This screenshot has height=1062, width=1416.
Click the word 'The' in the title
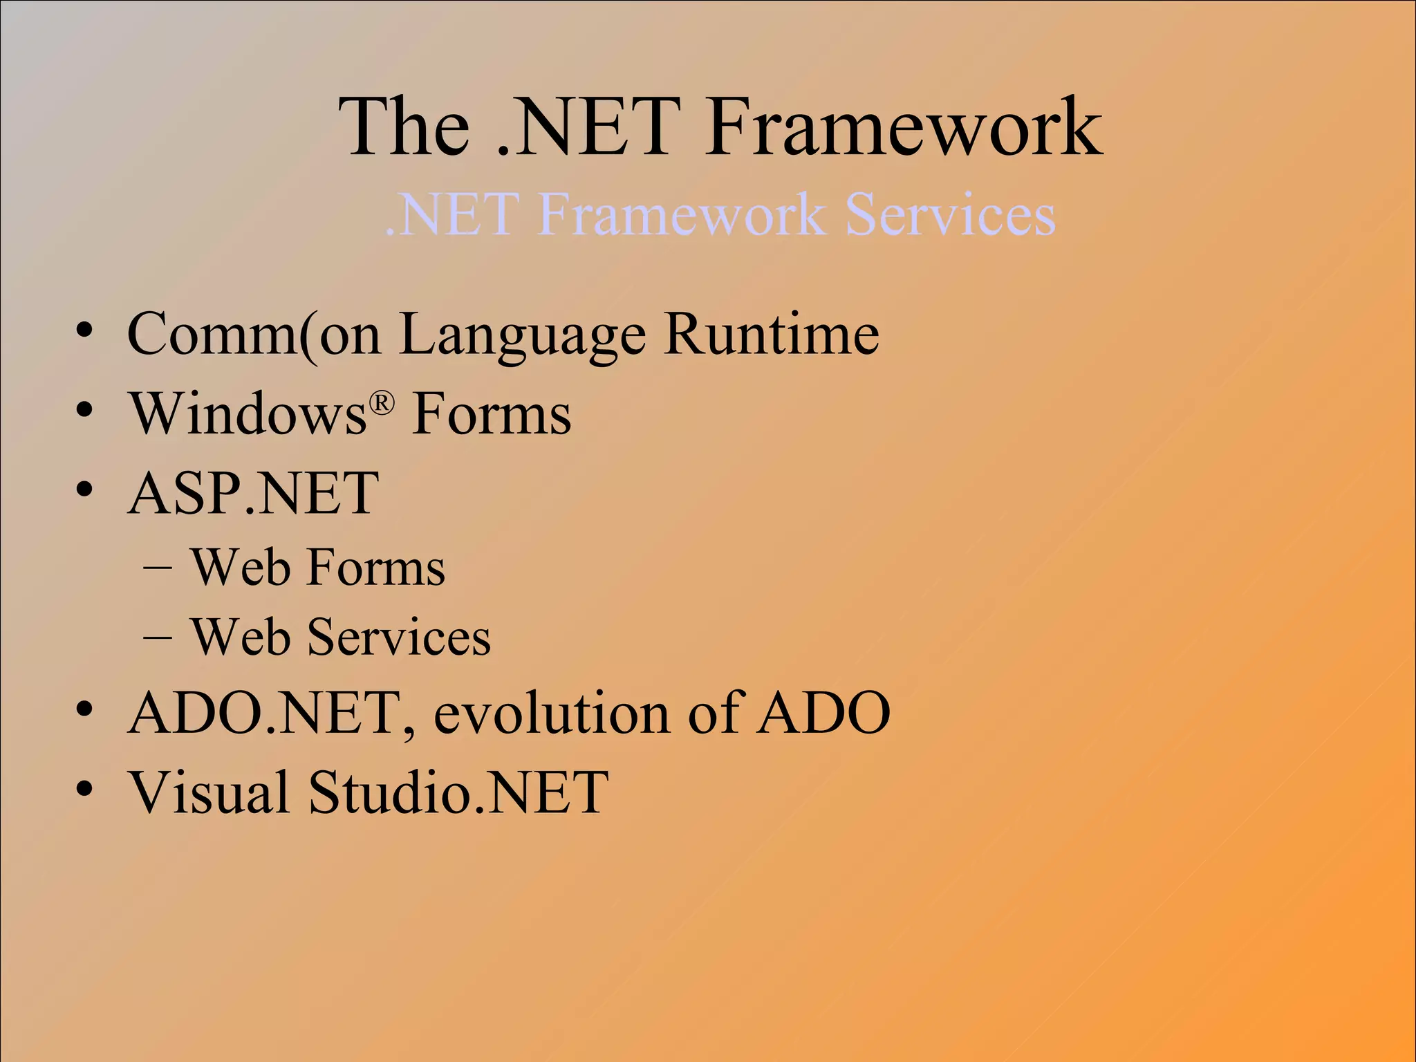tap(404, 127)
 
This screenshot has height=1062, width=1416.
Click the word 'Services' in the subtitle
tap(950, 214)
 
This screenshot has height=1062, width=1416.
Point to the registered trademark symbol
tap(382, 402)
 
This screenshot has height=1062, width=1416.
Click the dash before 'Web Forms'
tap(158, 568)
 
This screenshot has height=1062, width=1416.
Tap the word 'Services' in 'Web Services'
tap(399, 637)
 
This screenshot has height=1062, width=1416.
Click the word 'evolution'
tap(552, 713)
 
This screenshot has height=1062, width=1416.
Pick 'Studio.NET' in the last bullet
tap(458, 792)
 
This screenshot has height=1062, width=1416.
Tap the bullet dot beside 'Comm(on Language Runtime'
tap(84, 330)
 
